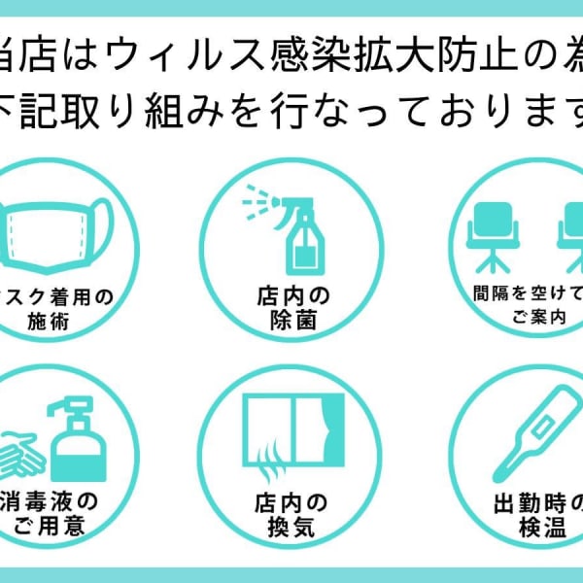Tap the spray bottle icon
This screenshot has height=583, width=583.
(x=296, y=228)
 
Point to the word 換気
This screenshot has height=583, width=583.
(x=291, y=530)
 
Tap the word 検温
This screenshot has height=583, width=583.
(x=530, y=530)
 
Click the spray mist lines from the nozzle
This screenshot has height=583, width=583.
(x=255, y=201)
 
